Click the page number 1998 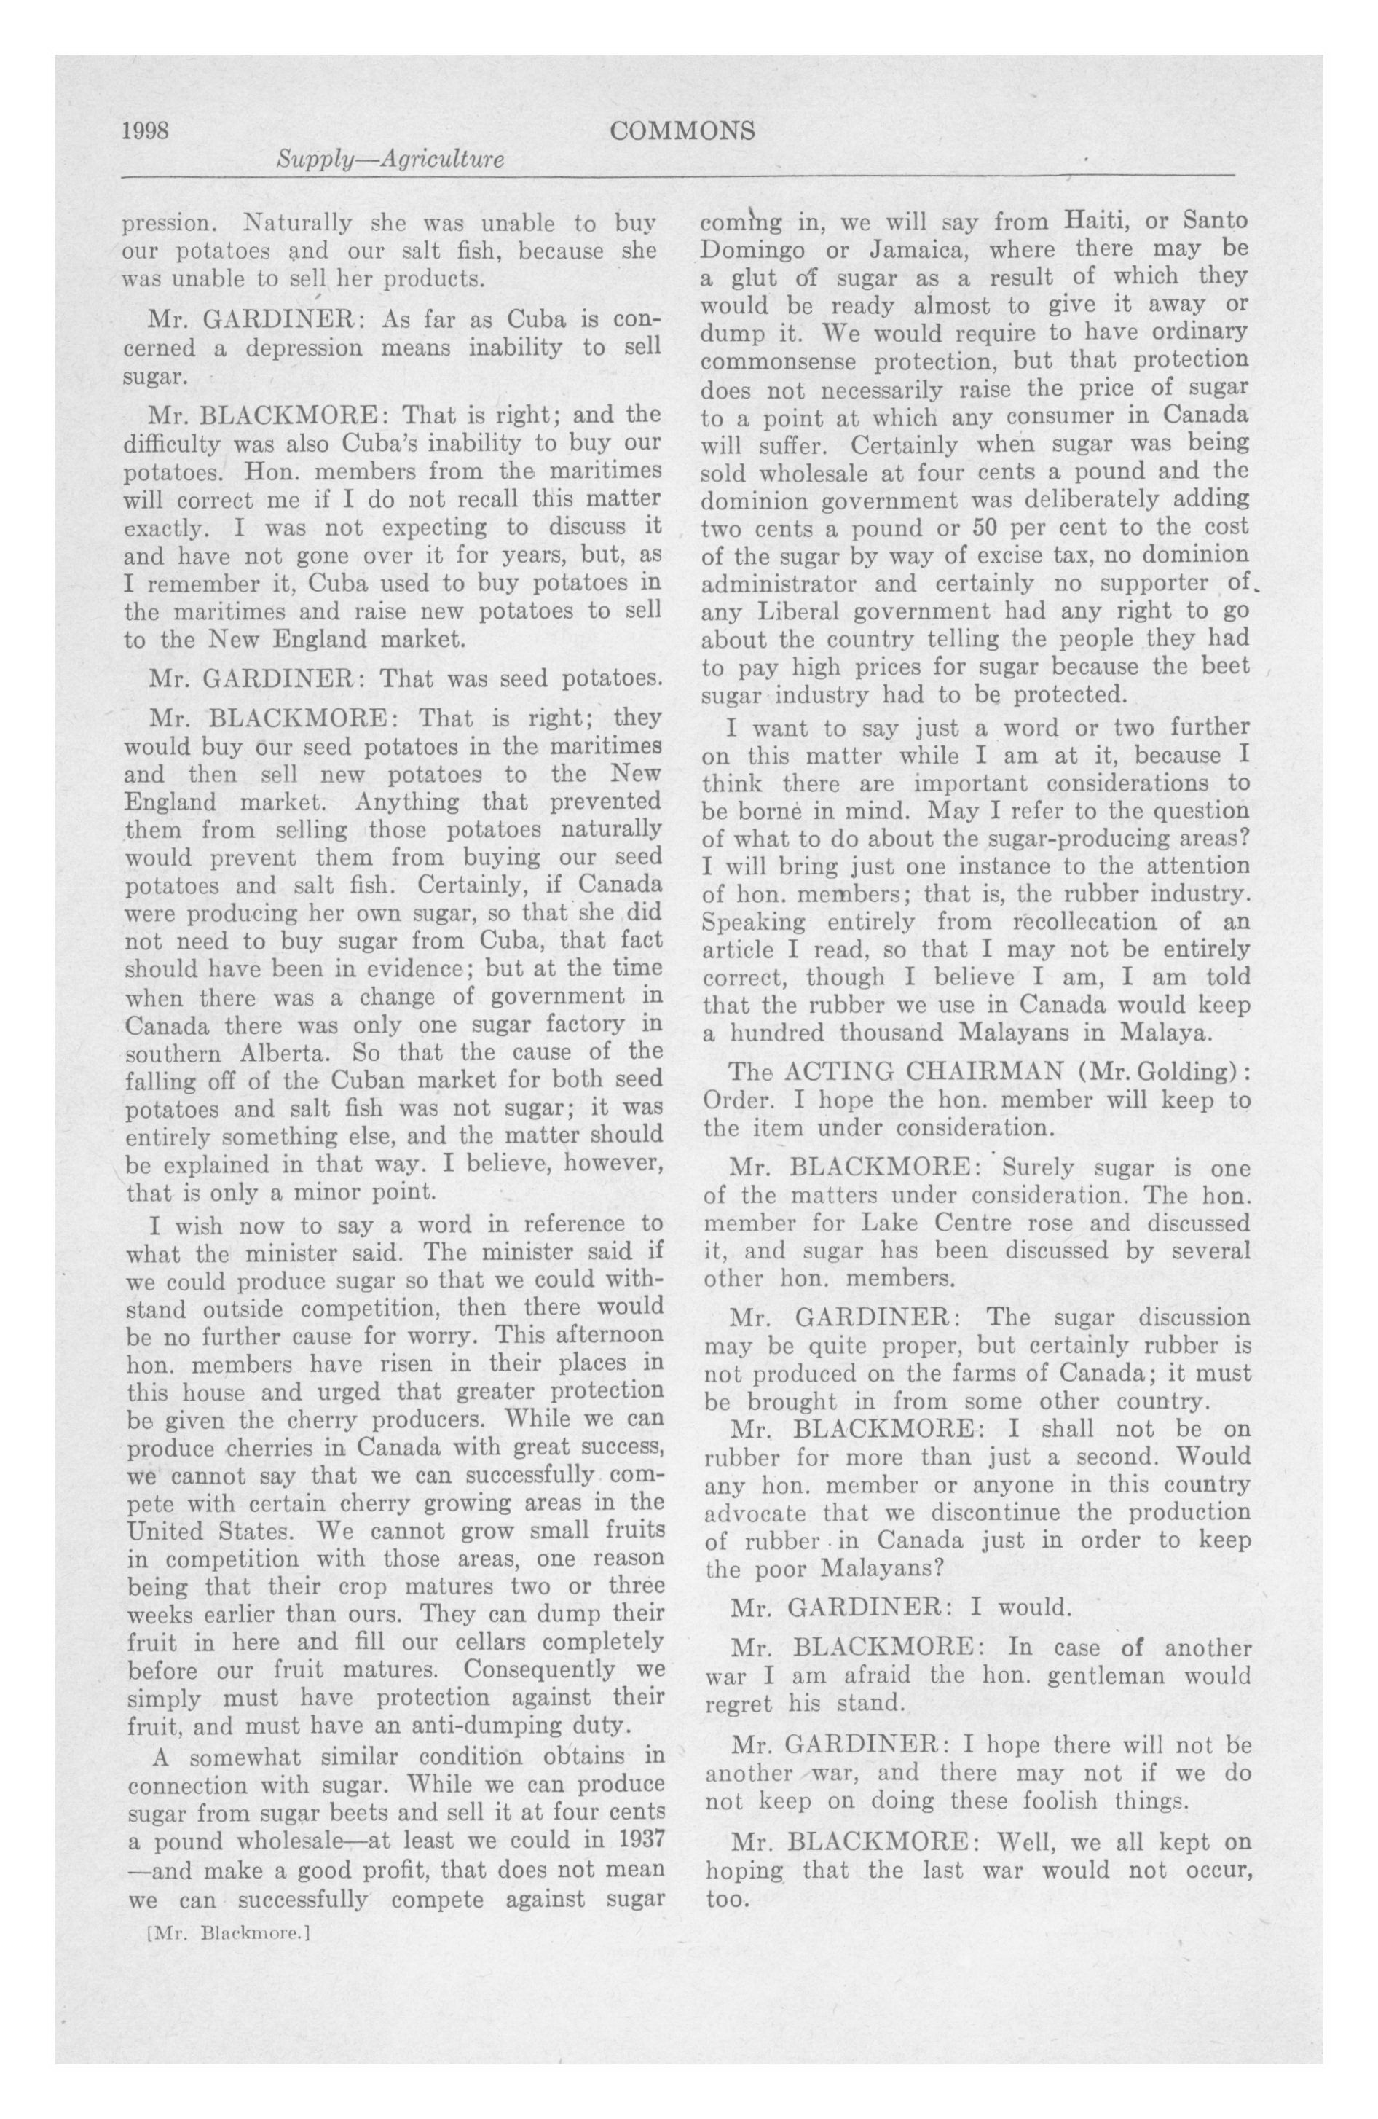click(x=145, y=131)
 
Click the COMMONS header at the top click(x=682, y=131)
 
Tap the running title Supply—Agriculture click(x=390, y=160)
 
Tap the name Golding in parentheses click(x=1189, y=1071)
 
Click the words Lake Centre click(x=926, y=1223)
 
